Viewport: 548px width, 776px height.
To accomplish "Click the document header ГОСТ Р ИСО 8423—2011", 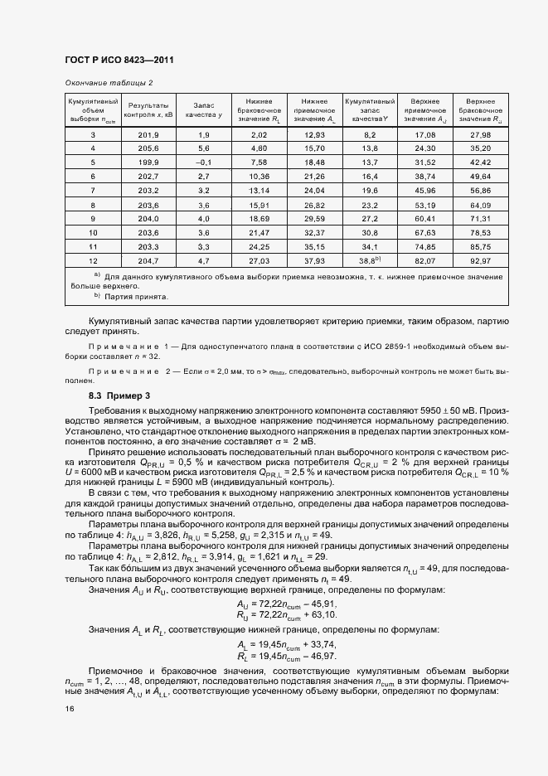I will [x=119, y=60].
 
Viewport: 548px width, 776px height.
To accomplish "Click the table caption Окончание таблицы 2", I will [x=109, y=83].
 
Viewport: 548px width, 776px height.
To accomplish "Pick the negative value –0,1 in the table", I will [x=204, y=162].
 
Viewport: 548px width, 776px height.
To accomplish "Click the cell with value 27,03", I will [x=259, y=260].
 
